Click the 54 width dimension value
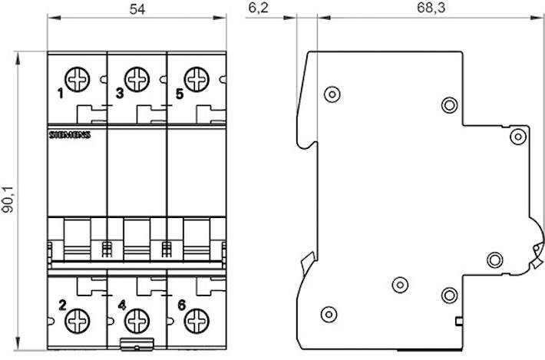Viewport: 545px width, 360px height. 137,9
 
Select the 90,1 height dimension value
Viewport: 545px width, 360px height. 8,199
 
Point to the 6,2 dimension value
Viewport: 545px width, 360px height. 258,8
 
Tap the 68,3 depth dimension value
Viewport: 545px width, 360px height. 431,8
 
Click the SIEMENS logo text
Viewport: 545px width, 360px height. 70,135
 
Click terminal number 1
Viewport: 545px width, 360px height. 61,93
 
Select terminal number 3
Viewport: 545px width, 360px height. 120,93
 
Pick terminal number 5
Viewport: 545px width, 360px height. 180,93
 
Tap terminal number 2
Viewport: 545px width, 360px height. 62,305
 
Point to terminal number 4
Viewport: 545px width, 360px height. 121,305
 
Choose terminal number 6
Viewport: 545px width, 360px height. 181,305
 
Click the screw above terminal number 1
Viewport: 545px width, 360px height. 78,79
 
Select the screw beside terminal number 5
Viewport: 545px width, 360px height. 197,79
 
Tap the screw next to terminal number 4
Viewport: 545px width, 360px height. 137,321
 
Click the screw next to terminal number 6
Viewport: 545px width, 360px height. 197,321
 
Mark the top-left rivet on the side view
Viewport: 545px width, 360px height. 332,94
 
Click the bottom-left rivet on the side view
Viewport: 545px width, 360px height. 329,315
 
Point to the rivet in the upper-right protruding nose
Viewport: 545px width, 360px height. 518,137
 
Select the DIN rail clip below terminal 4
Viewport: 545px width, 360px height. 137,344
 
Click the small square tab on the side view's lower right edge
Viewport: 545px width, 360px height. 459,322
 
